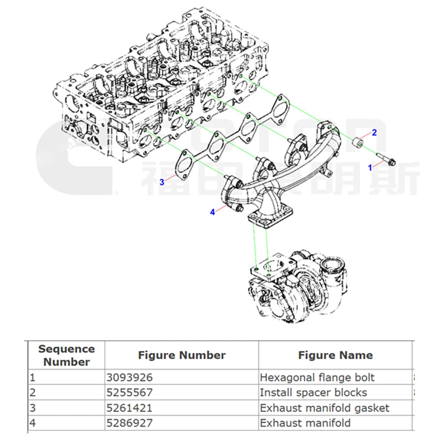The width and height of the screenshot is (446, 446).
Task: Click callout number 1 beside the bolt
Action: click(x=369, y=167)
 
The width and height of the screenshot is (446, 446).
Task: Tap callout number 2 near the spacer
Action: click(x=375, y=132)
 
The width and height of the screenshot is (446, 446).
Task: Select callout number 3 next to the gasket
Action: click(x=162, y=182)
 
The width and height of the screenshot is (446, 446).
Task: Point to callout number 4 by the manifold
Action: click(x=213, y=212)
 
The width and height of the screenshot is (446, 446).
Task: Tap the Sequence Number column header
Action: click(x=66, y=355)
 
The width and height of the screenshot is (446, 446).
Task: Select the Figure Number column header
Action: click(x=182, y=355)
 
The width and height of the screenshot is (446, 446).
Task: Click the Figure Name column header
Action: click(x=335, y=355)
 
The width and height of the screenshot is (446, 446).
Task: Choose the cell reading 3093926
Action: click(x=129, y=378)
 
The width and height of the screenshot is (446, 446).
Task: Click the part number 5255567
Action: click(x=129, y=393)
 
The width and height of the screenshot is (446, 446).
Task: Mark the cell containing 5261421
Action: click(x=129, y=408)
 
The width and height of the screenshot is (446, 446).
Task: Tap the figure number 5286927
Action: click(x=129, y=423)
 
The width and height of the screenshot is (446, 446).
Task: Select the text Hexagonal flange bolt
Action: click(x=317, y=378)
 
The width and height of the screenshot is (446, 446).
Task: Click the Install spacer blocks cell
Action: click(x=314, y=393)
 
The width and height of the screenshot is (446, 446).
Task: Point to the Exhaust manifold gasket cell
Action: click(x=325, y=408)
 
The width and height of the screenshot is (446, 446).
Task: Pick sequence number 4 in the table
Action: click(x=32, y=423)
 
